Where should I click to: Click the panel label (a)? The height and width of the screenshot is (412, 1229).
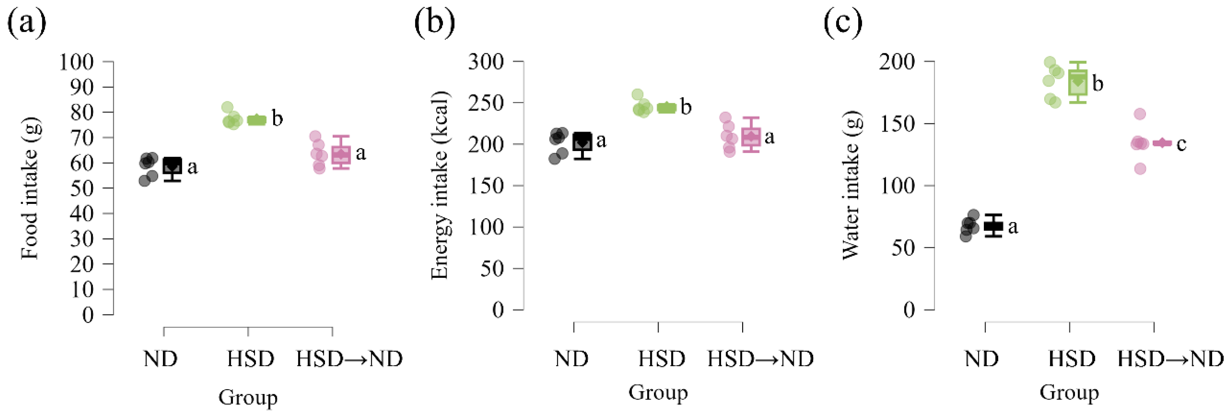pyautogui.click(x=26, y=23)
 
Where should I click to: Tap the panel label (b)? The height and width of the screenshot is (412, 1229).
pyautogui.click(x=434, y=23)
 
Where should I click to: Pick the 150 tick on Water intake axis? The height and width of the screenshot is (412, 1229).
pyautogui.click(x=897, y=124)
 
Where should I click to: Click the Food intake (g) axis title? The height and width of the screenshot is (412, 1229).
pyautogui.click(x=30, y=189)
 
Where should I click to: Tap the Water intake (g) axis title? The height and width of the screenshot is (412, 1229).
pyautogui.click(x=850, y=185)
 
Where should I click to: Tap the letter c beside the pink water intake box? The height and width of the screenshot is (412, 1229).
pyautogui.click(x=1181, y=144)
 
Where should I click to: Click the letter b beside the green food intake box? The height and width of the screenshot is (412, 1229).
pyautogui.click(x=277, y=118)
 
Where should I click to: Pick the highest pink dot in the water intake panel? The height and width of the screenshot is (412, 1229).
pyautogui.click(x=1140, y=114)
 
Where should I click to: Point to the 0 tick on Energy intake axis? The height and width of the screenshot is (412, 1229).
pyautogui.click(x=498, y=310)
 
